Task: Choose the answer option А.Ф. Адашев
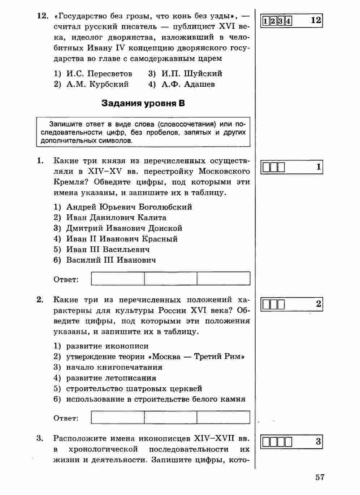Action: [x=188, y=84]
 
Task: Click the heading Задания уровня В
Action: [x=143, y=103]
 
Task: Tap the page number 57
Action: [x=320, y=477]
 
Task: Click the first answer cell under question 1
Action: [x=118, y=279]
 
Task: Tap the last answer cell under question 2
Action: [x=223, y=417]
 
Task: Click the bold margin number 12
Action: [x=316, y=20]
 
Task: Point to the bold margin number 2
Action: [x=318, y=304]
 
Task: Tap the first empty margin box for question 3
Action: [x=266, y=442]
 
